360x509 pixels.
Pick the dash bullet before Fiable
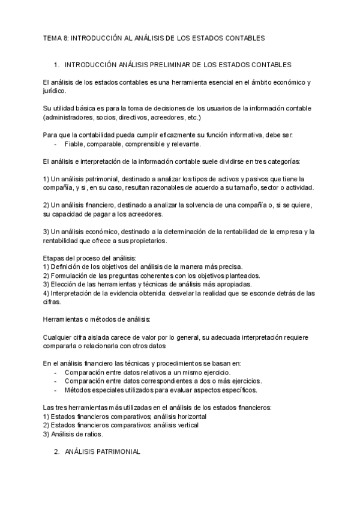pyautogui.click(x=56, y=145)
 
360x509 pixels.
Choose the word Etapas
pyautogui.click(x=54, y=258)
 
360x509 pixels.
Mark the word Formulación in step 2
pyautogui.click(x=73, y=276)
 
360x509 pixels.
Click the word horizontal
pyautogui.click(x=189, y=417)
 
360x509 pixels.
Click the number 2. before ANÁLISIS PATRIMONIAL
pyautogui.click(x=57, y=451)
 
